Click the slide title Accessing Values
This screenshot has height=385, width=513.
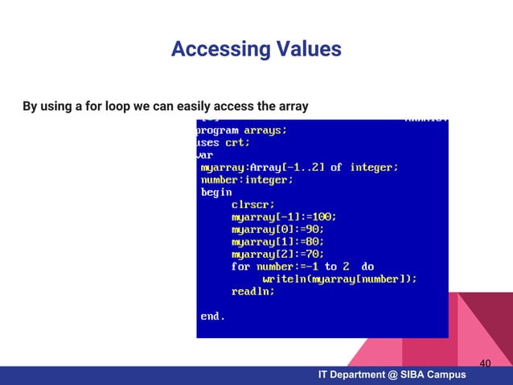click(x=256, y=50)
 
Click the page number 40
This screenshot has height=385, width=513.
click(x=485, y=364)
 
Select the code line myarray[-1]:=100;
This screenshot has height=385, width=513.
click(x=284, y=217)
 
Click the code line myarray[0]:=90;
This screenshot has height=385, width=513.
click(x=278, y=230)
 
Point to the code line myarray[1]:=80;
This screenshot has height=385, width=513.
click(x=278, y=242)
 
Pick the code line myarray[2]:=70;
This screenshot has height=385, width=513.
click(x=278, y=254)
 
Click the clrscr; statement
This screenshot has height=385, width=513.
click(x=253, y=205)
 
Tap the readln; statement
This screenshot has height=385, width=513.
click(x=253, y=291)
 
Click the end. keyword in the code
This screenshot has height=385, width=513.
click(x=212, y=317)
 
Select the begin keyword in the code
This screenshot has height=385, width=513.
click(x=215, y=192)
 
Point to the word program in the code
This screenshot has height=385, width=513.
click(x=218, y=130)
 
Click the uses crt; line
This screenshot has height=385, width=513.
click(x=224, y=143)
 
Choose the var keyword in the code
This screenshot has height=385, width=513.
click(x=206, y=155)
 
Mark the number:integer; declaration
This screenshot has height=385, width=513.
click(x=247, y=180)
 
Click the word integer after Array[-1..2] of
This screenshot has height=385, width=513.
click(x=373, y=168)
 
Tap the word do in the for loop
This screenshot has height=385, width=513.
click(x=367, y=267)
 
